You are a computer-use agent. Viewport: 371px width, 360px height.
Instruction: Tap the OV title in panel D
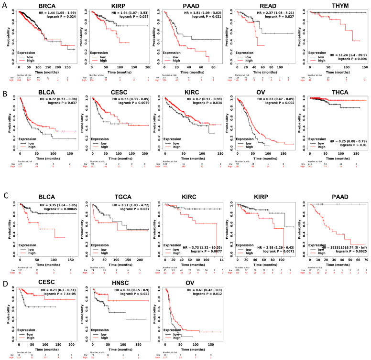(x=191, y=283)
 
